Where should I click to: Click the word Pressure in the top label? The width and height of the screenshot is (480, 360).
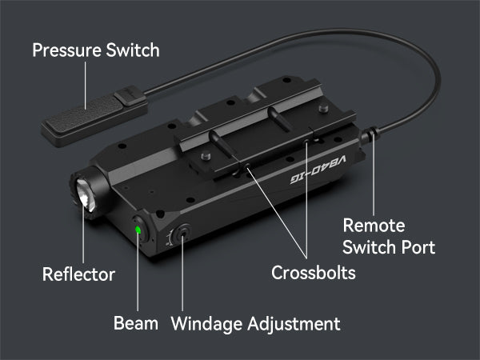66,50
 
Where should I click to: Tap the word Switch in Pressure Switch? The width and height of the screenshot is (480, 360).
133,50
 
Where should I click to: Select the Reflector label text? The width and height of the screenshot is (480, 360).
78,274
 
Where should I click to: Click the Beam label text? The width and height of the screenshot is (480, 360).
136,323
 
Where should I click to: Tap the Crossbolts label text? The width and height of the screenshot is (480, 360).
314,273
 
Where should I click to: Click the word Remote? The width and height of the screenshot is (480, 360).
374,226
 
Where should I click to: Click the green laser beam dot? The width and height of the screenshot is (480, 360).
138,230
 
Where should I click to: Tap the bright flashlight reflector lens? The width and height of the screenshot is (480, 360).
86,196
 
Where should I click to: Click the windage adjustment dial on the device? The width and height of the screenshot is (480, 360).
182,234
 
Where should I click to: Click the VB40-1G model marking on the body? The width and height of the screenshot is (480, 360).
318,170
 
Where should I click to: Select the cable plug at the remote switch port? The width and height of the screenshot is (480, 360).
369,134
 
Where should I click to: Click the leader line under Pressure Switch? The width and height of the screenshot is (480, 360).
86,85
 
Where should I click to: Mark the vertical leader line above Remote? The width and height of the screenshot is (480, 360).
374,174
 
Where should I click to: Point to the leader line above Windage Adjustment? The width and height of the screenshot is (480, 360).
182,274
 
